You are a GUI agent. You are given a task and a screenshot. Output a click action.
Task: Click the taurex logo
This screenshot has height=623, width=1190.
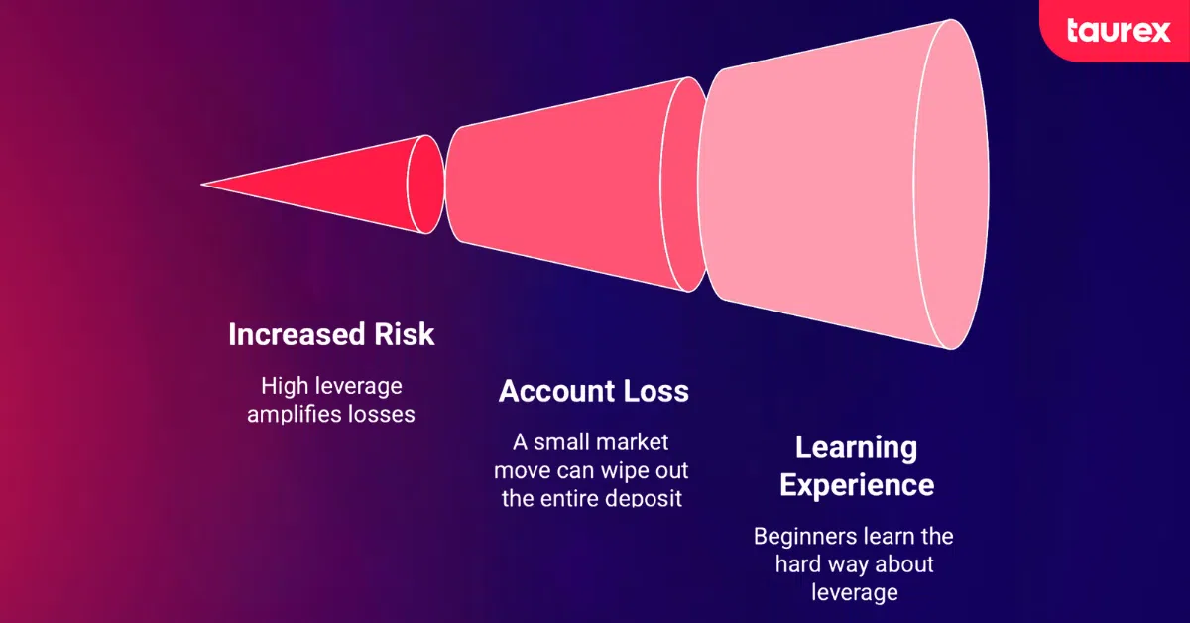click(1118, 31)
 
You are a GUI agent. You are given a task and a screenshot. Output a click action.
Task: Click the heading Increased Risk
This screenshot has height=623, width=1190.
click(331, 334)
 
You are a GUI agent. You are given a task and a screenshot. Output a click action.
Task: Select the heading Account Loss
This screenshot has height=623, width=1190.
click(593, 391)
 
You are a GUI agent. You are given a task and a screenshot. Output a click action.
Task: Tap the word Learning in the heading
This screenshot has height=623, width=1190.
click(856, 447)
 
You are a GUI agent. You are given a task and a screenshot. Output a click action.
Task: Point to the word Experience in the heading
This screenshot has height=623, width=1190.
click(856, 484)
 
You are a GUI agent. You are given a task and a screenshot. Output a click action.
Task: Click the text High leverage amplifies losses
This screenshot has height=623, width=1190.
click(331, 400)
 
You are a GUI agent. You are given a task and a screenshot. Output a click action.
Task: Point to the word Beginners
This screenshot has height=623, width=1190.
click(797, 537)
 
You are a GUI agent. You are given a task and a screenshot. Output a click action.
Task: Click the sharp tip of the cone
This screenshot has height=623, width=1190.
click(204, 185)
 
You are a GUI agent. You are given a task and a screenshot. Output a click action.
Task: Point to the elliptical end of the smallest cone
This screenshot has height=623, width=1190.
click(426, 185)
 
